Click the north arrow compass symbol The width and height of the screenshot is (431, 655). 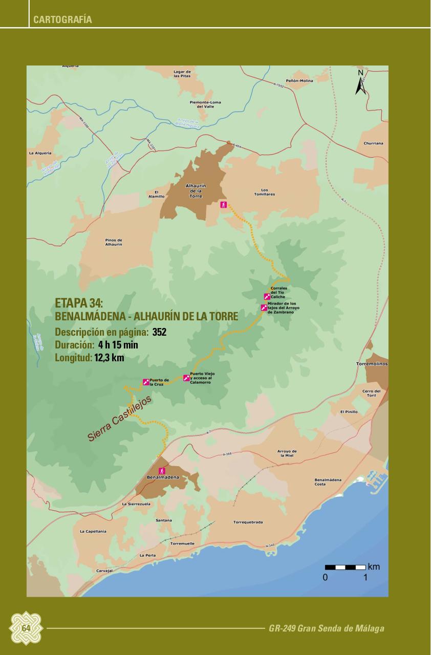[x=361, y=83]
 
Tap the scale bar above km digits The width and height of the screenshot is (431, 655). [x=346, y=567]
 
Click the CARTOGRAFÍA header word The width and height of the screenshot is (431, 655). [x=62, y=20]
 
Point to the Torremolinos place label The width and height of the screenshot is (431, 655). [x=372, y=364]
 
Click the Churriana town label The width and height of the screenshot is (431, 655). [x=373, y=143]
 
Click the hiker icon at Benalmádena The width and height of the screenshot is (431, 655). [x=162, y=470]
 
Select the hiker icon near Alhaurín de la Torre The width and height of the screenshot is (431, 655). [x=223, y=205]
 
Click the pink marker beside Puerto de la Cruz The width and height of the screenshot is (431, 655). [x=146, y=382]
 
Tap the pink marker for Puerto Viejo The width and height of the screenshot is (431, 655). [x=186, y=378]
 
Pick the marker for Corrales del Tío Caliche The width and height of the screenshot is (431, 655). [x=267, y=296]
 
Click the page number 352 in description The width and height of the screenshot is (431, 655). [x=159, y=333]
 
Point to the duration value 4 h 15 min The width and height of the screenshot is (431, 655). [x=118, y=345]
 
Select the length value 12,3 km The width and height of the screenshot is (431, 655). [x=109, y=358]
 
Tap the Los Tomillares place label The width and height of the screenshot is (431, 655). [x=265, y=192]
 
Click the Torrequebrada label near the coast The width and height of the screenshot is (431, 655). [x=248, y=522]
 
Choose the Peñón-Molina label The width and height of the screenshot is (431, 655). [x=299, y=81]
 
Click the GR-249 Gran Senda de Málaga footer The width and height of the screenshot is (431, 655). [x=326, y=628]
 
